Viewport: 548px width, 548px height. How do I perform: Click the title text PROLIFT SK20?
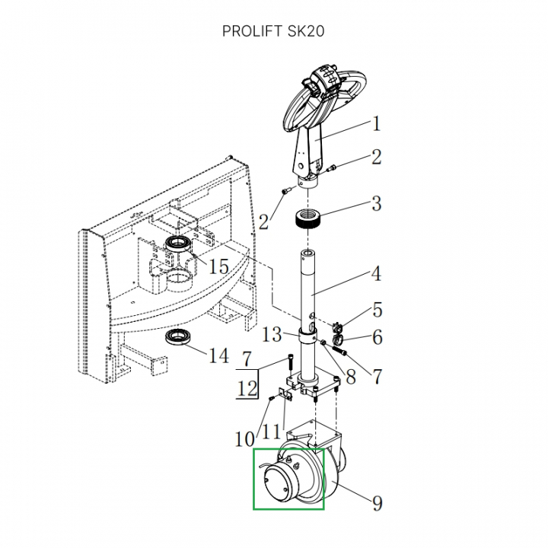[274, 31]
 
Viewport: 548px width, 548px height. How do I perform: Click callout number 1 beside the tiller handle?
[375, 124]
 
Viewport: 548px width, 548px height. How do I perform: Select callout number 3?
[375, 204]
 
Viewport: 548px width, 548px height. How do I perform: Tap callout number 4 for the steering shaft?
[376, 275]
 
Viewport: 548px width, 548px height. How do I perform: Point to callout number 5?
[377, 311]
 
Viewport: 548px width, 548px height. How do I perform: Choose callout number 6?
[377, 337]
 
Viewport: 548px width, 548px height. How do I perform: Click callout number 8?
[350, 375]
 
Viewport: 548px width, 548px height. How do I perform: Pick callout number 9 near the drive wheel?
[378, 503]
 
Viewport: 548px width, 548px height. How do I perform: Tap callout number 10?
[244, 439]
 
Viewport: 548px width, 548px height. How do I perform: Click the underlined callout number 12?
[247, 389]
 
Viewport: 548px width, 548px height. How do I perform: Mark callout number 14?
[218, 355]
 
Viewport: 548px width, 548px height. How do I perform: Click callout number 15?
[218, 267]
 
